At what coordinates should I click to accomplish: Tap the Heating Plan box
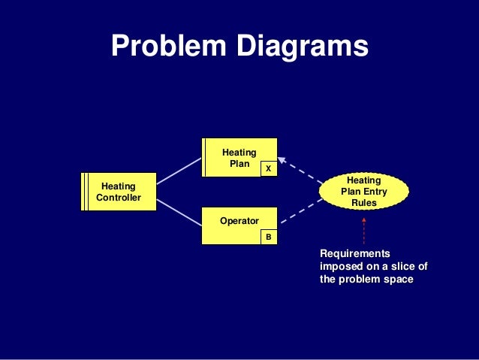click(239, 157)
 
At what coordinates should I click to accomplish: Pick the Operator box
click(239, 225)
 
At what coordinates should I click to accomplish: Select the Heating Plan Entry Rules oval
click(364, 192)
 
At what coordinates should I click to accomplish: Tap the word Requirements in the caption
click(355, 254)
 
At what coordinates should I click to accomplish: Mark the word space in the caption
click(399, 280)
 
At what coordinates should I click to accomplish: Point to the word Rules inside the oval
click(364, 203)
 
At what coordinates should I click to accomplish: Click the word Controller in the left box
click(119, 198)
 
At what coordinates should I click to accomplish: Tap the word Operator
click(239, 221)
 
